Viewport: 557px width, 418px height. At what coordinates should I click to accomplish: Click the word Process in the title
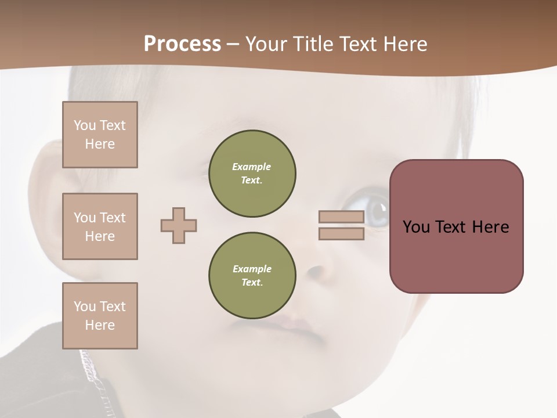[182, 44]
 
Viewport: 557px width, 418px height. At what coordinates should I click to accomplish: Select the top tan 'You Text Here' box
[100, 135]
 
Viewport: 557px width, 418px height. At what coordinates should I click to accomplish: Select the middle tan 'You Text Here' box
[100, 226]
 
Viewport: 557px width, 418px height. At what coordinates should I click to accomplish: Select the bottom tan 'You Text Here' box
[100, 316]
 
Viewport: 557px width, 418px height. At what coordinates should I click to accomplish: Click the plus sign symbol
[179, 225]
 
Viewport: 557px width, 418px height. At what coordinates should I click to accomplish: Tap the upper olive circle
[252, 174]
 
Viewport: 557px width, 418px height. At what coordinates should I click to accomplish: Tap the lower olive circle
[252, 276]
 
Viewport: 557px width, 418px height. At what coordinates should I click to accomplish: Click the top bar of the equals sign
[341, 217]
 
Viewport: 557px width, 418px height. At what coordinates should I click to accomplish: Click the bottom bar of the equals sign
[341, 234]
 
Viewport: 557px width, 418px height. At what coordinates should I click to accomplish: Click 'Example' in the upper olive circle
[252, 167]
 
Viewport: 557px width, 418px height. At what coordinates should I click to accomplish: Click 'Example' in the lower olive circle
[252, 269]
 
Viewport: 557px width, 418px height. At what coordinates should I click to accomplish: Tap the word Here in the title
[406, 44]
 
